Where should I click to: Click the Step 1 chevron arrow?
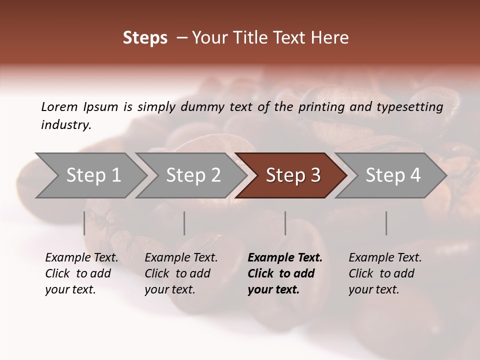[x=93, y=175]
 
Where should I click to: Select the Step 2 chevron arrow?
[x=193, y=175]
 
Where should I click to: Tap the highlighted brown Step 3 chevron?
[x=292, y=175]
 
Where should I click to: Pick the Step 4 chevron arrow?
[x=392, y=175]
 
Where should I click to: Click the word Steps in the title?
[x=145, y=38]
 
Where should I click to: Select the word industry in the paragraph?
[x=65, y=125]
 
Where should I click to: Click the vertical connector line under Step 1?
[x=84, y=223]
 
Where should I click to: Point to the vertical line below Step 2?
[x=184, y=223]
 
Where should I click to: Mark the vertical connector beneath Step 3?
[x=285, y=223]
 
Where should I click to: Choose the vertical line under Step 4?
[x=386, y=223]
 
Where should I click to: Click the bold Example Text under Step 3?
[x=285, y=258]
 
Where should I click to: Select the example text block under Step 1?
[x=81, y=273]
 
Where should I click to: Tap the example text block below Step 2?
[x=181, y=273]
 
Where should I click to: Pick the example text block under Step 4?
[x=385, y=273]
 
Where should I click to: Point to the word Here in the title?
[x=330, y=38]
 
